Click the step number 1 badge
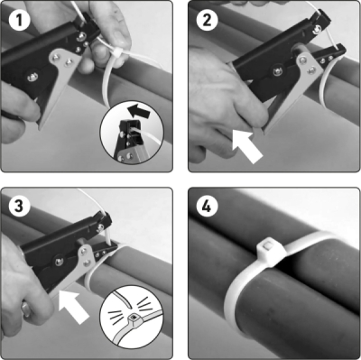coord(19,20)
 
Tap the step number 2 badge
coord(207,20)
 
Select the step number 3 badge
coord(19,207)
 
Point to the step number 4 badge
coord(207,207)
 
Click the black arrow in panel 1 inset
coord(138,112)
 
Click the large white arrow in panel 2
coord(247,146)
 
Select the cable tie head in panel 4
coord(270,251)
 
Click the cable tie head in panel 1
coord(117,54)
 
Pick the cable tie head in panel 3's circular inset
coord(133,319)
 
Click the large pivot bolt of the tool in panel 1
coord(32,77)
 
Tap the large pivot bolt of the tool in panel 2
coord(278,71)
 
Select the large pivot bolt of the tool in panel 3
coord(59,262)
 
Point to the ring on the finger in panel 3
coord(26,309)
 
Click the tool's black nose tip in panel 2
coord(339,51)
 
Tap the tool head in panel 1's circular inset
coord(129,134)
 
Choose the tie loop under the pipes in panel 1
coord(107,84)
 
